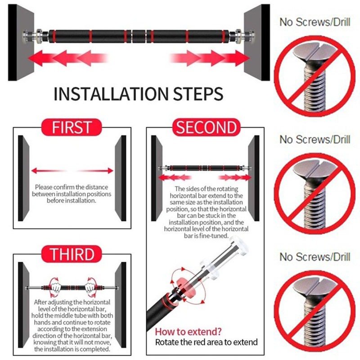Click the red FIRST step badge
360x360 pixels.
72,127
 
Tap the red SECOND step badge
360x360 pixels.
206,127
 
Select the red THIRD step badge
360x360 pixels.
72,254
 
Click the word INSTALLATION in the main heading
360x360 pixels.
111,94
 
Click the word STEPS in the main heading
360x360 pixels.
198,94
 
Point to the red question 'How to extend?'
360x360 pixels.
188,332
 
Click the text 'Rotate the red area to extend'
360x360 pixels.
206,342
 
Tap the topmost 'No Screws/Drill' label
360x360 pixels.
315,22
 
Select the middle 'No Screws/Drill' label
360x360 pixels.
315,139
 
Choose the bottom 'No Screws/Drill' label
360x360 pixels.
315,256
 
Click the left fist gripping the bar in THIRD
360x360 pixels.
55,288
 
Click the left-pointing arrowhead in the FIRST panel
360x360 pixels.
34,171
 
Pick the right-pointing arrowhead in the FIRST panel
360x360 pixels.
110,171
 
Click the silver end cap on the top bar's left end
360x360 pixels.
25,36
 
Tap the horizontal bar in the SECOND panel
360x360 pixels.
205,168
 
